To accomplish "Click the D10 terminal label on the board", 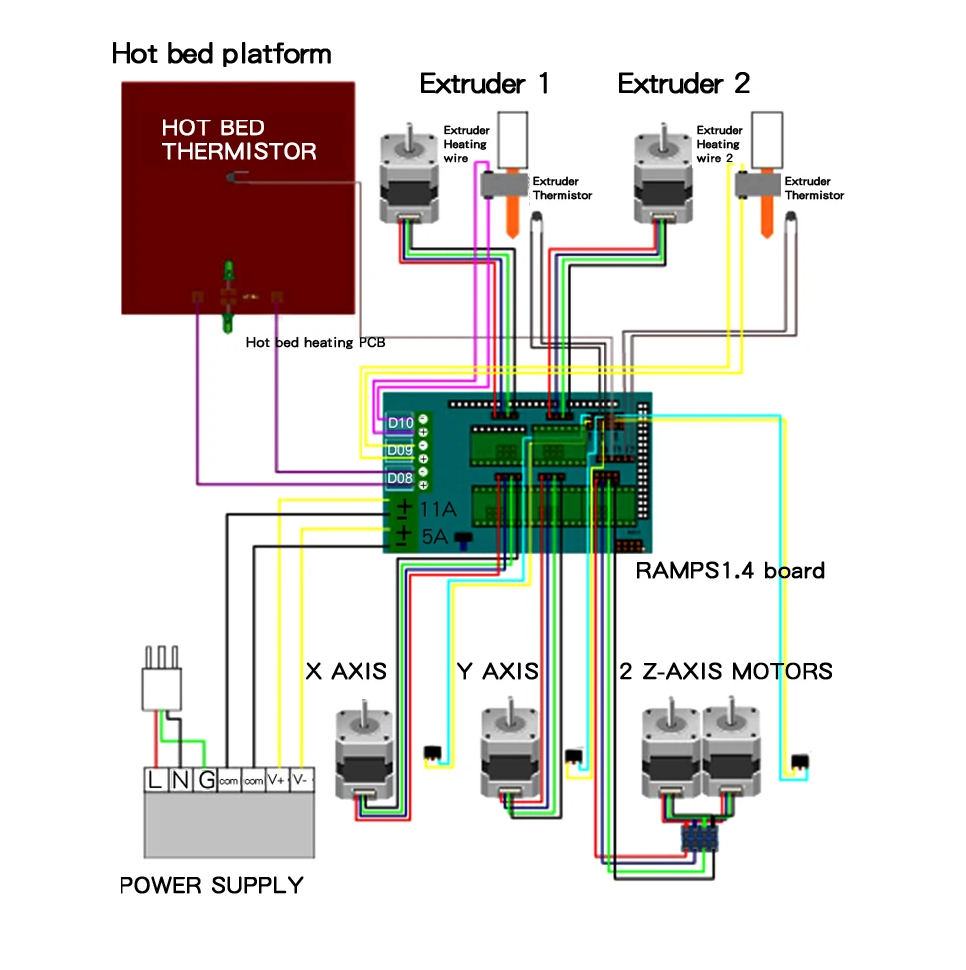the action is (x=400, y=424).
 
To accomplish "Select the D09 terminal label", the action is (x=400, y=450).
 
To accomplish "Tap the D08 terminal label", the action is (x=400, y=478).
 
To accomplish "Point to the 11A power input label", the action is (x=438, y=509).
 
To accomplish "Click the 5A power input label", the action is (x=435, y=536).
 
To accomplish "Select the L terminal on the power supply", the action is (x=154, y=780).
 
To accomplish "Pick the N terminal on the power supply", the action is (x=180, y=780).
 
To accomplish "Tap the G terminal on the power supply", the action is (x=206, y=780).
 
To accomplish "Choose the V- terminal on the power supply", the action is (x=300, y=780).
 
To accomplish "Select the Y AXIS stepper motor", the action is (x=510, y=749).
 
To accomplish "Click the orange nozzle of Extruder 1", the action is (x=512, y=216).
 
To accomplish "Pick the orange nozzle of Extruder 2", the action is (x=766, y=216).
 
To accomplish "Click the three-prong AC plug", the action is (x=162, y=679).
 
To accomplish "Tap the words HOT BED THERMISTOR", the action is (x=239, y=139).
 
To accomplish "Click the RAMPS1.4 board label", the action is (x=730, y=571).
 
